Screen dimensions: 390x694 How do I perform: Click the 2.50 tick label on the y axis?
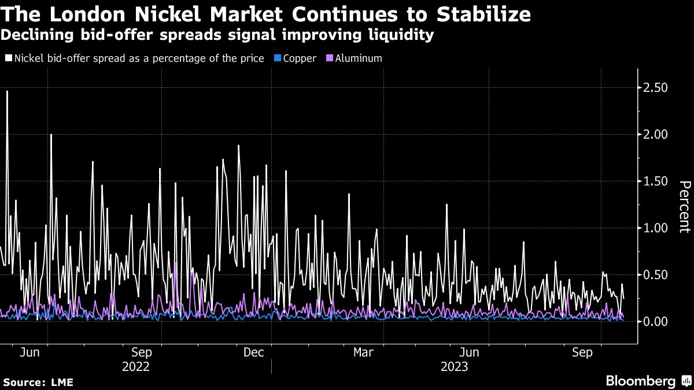pyautogui.click(x=656, y=87)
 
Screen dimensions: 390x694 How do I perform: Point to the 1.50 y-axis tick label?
pyautogui.click(x=656, y=181)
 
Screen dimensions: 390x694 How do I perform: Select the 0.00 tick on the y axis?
pyautogui.click(x=656, y=321)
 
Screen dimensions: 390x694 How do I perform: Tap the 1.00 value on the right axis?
pyautogui.click(x=656, y=228)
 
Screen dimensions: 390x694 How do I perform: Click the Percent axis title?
pyautogui.click(x=684, y=207)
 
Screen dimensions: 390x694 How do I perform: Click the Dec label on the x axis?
pyautogui.click(x=254, y=352)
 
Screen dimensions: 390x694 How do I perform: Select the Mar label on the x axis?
pyautogui.click(x=363, y=352)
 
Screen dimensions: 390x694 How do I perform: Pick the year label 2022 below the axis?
pyautogui.click(x=136, y=367)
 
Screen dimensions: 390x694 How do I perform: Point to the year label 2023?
pyautogui.click(x=455, y=367)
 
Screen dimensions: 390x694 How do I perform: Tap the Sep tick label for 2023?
pyautogui.click(x=582, y=352)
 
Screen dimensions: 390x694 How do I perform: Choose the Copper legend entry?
pyautogui.click(x=299, y=58)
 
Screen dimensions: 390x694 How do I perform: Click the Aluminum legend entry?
pyautogui.click(x=359, y=58)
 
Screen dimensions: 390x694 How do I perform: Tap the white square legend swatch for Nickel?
pyautogui.click(x=9, y=58)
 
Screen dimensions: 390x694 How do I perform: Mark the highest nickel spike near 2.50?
pyautogui.click(x=7, y=91)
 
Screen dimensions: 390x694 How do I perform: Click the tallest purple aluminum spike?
pyautogui.click(x=176, y=263)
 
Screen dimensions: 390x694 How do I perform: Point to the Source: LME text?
pyautogui.click(x=38, y=382)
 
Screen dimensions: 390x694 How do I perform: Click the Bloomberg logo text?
pyautogui.click(x=640, y=381)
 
